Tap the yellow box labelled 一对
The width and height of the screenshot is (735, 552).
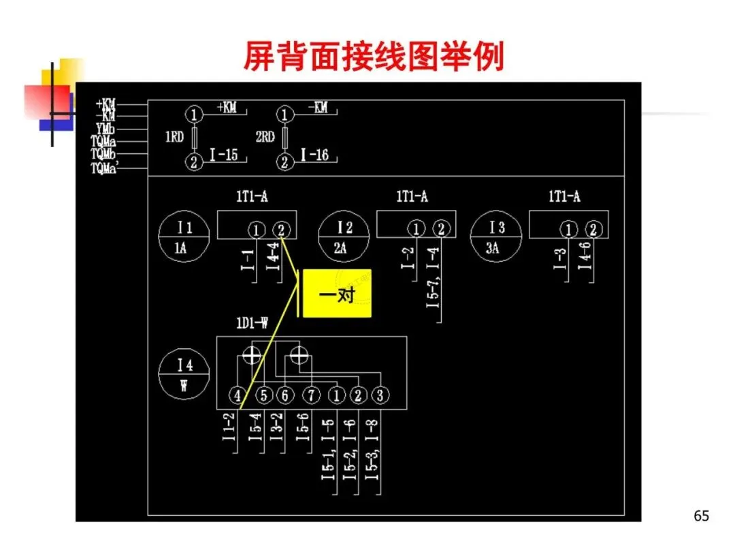pos(337,294)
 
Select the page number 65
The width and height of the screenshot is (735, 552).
pos(701,516)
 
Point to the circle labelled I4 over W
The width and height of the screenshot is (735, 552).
pos(184,374)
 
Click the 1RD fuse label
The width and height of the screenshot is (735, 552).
pos(174,138)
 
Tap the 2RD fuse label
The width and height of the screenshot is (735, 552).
pos(265,138)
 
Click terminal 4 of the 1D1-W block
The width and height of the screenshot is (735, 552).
pos(237,395)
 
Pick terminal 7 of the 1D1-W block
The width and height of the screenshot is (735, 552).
pos(310,395)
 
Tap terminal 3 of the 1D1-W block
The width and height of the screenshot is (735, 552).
pos(380,395)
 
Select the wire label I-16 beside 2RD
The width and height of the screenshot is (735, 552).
pos(314,155)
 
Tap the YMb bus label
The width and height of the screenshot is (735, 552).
pos(105,129)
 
